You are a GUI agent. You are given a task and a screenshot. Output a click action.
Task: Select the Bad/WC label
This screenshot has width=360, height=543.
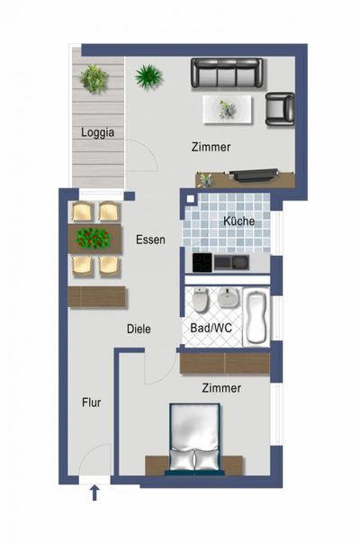(x=211, y=329)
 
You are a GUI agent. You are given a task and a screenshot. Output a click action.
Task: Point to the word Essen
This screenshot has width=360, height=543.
(x=150, y=240)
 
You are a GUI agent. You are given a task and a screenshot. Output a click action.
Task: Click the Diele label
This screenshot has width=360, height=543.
(x=139, y=330)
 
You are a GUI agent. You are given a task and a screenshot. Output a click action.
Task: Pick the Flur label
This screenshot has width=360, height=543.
(x=91, y=403)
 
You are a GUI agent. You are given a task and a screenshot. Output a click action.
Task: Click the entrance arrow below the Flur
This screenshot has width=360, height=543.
(x=94, y=491)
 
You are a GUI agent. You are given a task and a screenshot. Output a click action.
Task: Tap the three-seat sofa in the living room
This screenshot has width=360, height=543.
(x=226, y=72)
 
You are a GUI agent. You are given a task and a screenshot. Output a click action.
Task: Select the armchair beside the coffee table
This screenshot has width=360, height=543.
(x=280, y=109)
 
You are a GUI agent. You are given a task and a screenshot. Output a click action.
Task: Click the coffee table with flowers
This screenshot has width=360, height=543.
(x=226, y=109)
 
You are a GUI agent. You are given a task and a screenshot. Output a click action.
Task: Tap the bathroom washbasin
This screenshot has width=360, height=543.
(x=229, y=300)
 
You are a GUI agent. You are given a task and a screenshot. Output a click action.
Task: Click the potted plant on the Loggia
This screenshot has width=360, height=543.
(x=94, y=78)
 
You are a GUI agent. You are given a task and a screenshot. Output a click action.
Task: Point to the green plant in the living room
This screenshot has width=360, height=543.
(x=148, y=77)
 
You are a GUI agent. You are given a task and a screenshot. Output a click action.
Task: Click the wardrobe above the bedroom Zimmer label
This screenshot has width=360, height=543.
(x=224, y=363)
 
